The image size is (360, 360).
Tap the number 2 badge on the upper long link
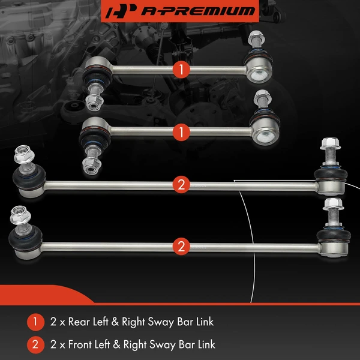coord(181,184)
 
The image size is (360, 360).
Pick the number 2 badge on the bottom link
coord(181,245)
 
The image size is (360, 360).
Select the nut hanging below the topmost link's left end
coord(94,102)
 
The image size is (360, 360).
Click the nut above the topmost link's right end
coord(254,37)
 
